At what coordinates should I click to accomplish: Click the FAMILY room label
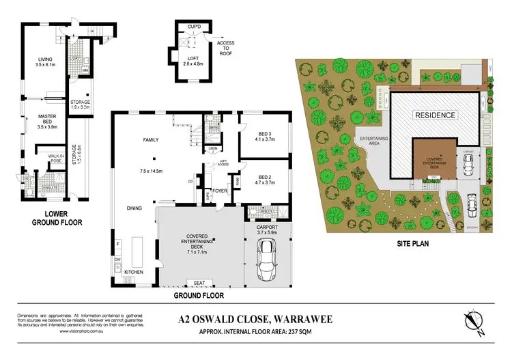[150, 139]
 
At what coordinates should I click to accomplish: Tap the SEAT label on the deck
[199, 283]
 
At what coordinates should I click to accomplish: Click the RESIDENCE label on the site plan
[435, 115]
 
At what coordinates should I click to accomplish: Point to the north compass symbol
[474, 324]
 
